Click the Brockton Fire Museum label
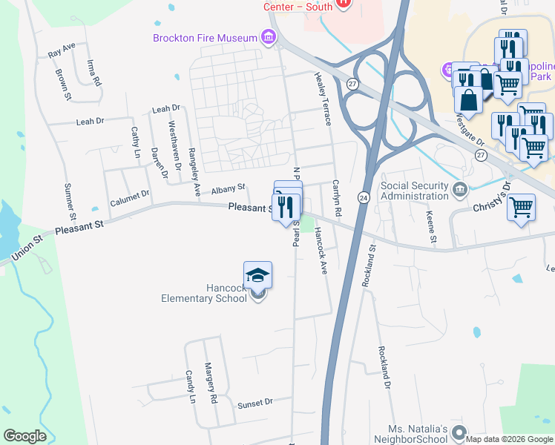(x=205, y=38)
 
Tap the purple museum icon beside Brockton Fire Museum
(x=268, y=37)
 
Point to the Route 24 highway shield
(x=364, y=197)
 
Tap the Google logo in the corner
(x=24, y=436)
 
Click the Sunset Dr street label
(x=255, y=403)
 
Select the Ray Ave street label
(x=62, y=50)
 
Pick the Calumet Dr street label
(x=130, y=197)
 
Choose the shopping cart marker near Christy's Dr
(x=522, y=207)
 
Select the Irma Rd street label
(x=93, y=73)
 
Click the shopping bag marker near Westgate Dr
(x=468, y=100)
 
